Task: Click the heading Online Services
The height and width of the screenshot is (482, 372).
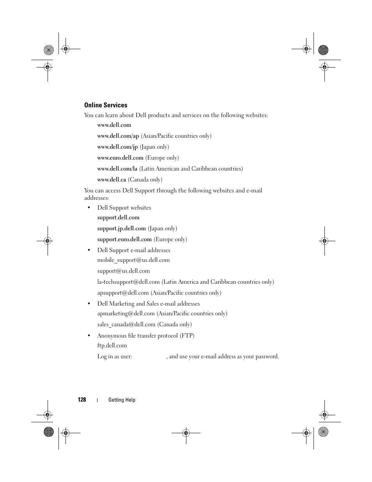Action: (x=106, y=105)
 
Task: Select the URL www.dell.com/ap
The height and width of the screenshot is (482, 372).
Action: (x=118, y=136)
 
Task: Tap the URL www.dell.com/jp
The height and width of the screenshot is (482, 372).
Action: (x=117, y=147)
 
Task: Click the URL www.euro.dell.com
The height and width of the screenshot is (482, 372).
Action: (x=120, y=158)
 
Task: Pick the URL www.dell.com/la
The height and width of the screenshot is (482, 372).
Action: (x=117, y=169)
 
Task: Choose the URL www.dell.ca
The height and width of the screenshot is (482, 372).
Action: (x=112, y=180)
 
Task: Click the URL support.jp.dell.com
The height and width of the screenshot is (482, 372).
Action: (x=121, y=228)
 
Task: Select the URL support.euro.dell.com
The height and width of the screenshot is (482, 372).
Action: (x=124, y=239)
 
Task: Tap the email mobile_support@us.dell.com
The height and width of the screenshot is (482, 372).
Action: (x=133, y=260)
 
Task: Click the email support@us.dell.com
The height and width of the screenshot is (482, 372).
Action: (x=123, y=271)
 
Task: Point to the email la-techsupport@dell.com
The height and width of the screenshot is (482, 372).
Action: (x=128, y=282)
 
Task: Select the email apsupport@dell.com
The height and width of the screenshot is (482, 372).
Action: (x=123, y=293)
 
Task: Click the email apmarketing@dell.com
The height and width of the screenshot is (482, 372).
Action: (x=126, y=313)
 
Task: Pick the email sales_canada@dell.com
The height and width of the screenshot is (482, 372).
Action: (x=126, y=324)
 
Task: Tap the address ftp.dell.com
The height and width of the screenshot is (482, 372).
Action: (x=112, y=345)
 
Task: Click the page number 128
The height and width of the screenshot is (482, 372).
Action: (x=81, y=400)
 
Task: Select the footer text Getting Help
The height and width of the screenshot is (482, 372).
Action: (x=122, y=400)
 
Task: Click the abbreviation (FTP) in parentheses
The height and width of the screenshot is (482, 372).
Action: (x=187, y=336)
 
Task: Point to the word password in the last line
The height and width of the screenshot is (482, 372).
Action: (x=267, y=356)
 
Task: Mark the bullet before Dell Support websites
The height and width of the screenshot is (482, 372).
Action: (x=89, y=208)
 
